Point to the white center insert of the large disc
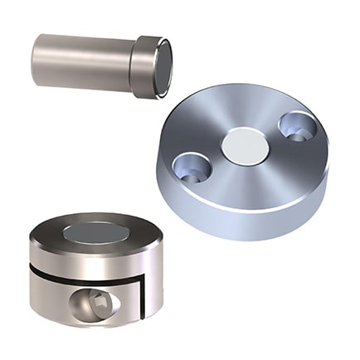coord(243,147)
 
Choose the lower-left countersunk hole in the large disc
coord(192,167)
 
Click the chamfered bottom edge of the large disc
coord(249,235)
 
